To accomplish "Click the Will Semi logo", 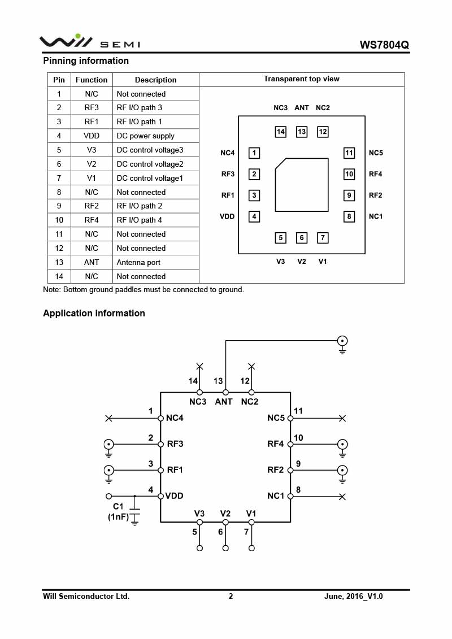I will (x=89, y=42).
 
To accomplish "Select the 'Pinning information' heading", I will (x=86, y=61).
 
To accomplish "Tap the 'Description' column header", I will (x=155, y=80).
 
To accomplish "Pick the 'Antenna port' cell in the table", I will (x=138, y=263).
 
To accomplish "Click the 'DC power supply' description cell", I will (x=145, y=136).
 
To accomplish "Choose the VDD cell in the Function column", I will (x=92, y=136).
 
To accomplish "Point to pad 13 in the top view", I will (x=302, y=132).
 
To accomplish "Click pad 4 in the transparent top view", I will (x=255, y=216).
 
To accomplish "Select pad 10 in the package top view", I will (x=349, y=175).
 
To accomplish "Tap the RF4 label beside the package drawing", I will (x=376, y=175).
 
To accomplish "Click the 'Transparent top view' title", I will (x=302, y=79).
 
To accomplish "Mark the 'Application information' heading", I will (x=94, y=314).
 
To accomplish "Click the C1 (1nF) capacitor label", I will (x=118, y=511).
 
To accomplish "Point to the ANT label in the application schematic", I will (x=224, y=402).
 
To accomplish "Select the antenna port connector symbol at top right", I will (x=342, y=341).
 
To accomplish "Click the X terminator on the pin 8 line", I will (x=342, y=497).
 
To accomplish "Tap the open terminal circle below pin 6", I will (x=225, y=548).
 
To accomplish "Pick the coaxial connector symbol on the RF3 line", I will (x=108, y=444).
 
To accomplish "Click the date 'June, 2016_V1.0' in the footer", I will (x=354, y=596).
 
